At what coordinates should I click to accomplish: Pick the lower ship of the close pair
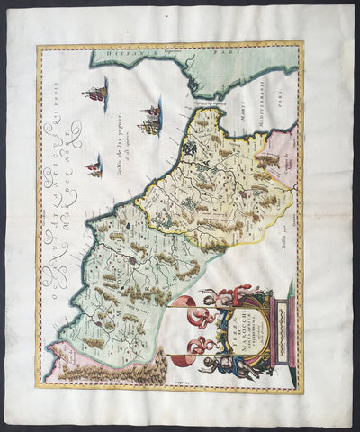(150, 127)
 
